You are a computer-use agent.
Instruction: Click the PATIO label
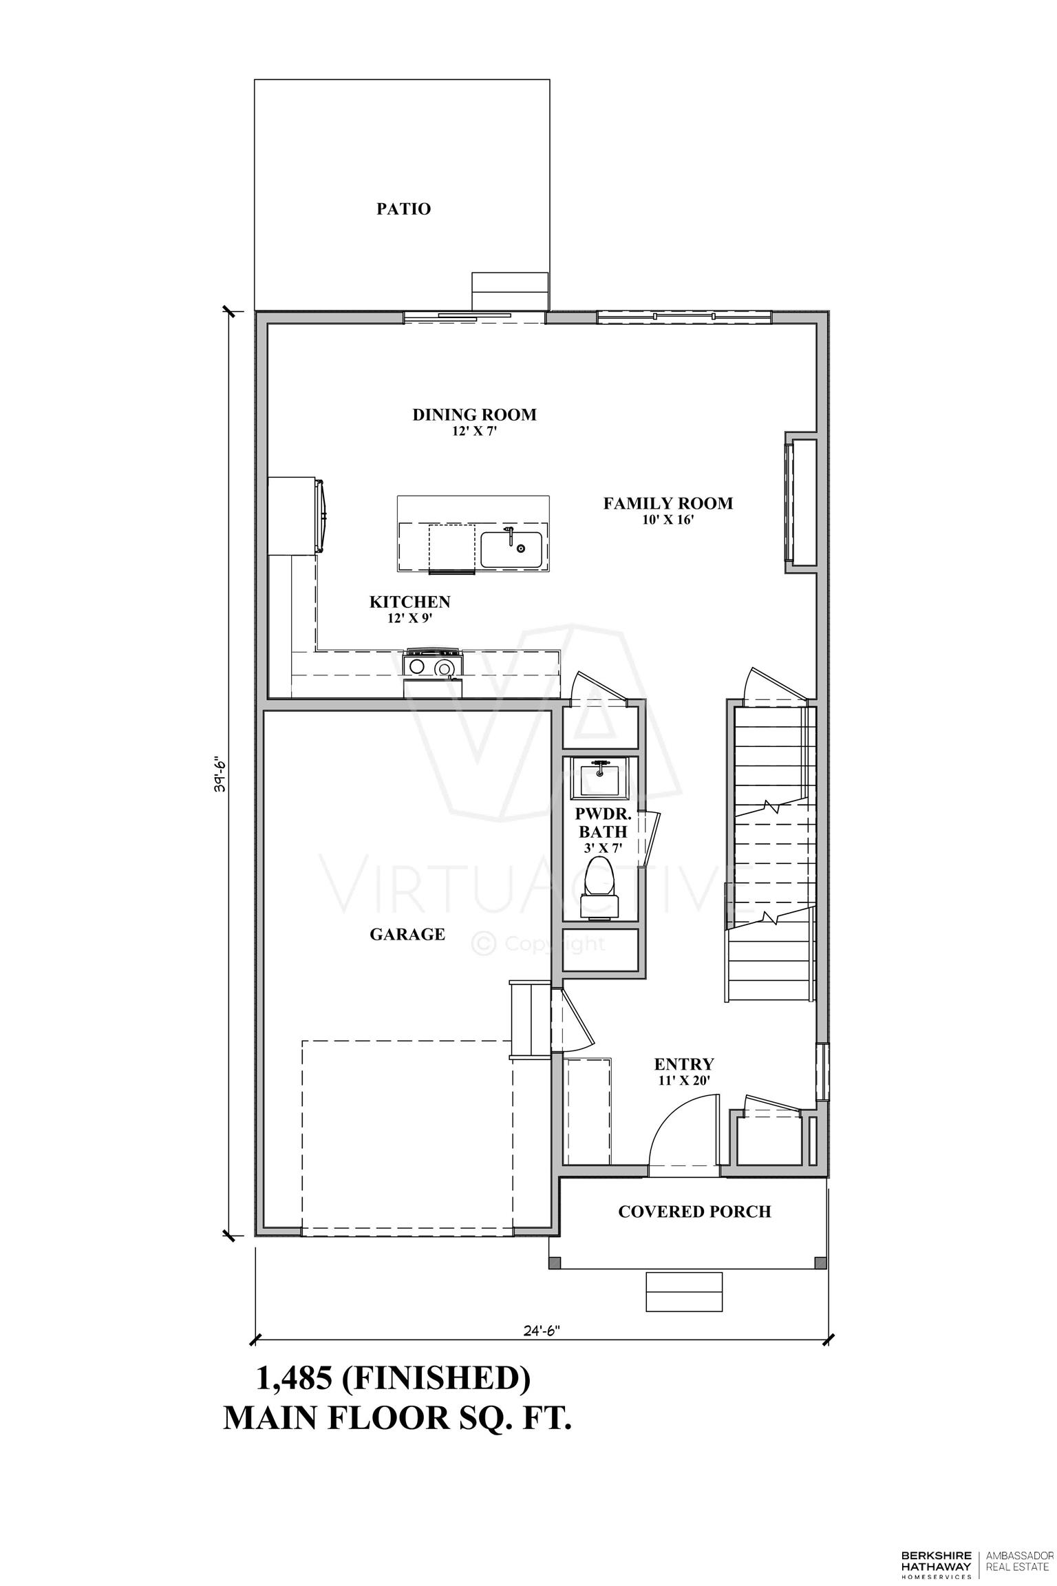(403, 209)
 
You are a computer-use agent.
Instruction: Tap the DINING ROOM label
(474, 414)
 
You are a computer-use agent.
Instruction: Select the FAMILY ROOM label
(668, 503)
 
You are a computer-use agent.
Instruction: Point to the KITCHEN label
(410, 602)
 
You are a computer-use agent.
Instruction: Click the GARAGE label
(407, 934)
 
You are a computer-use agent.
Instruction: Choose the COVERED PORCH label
(694, 1212)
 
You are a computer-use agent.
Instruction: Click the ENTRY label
(684, 1064)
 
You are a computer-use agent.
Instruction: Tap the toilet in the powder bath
(601, 887)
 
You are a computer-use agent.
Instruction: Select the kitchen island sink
(511, 549)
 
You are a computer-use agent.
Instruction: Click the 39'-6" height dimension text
(219, 774)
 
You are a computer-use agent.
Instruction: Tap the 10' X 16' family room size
(668, 520)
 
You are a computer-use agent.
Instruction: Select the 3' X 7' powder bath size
(603, 849)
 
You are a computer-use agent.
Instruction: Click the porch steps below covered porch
(684, 1292)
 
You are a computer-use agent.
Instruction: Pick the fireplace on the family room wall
(801, 502)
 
